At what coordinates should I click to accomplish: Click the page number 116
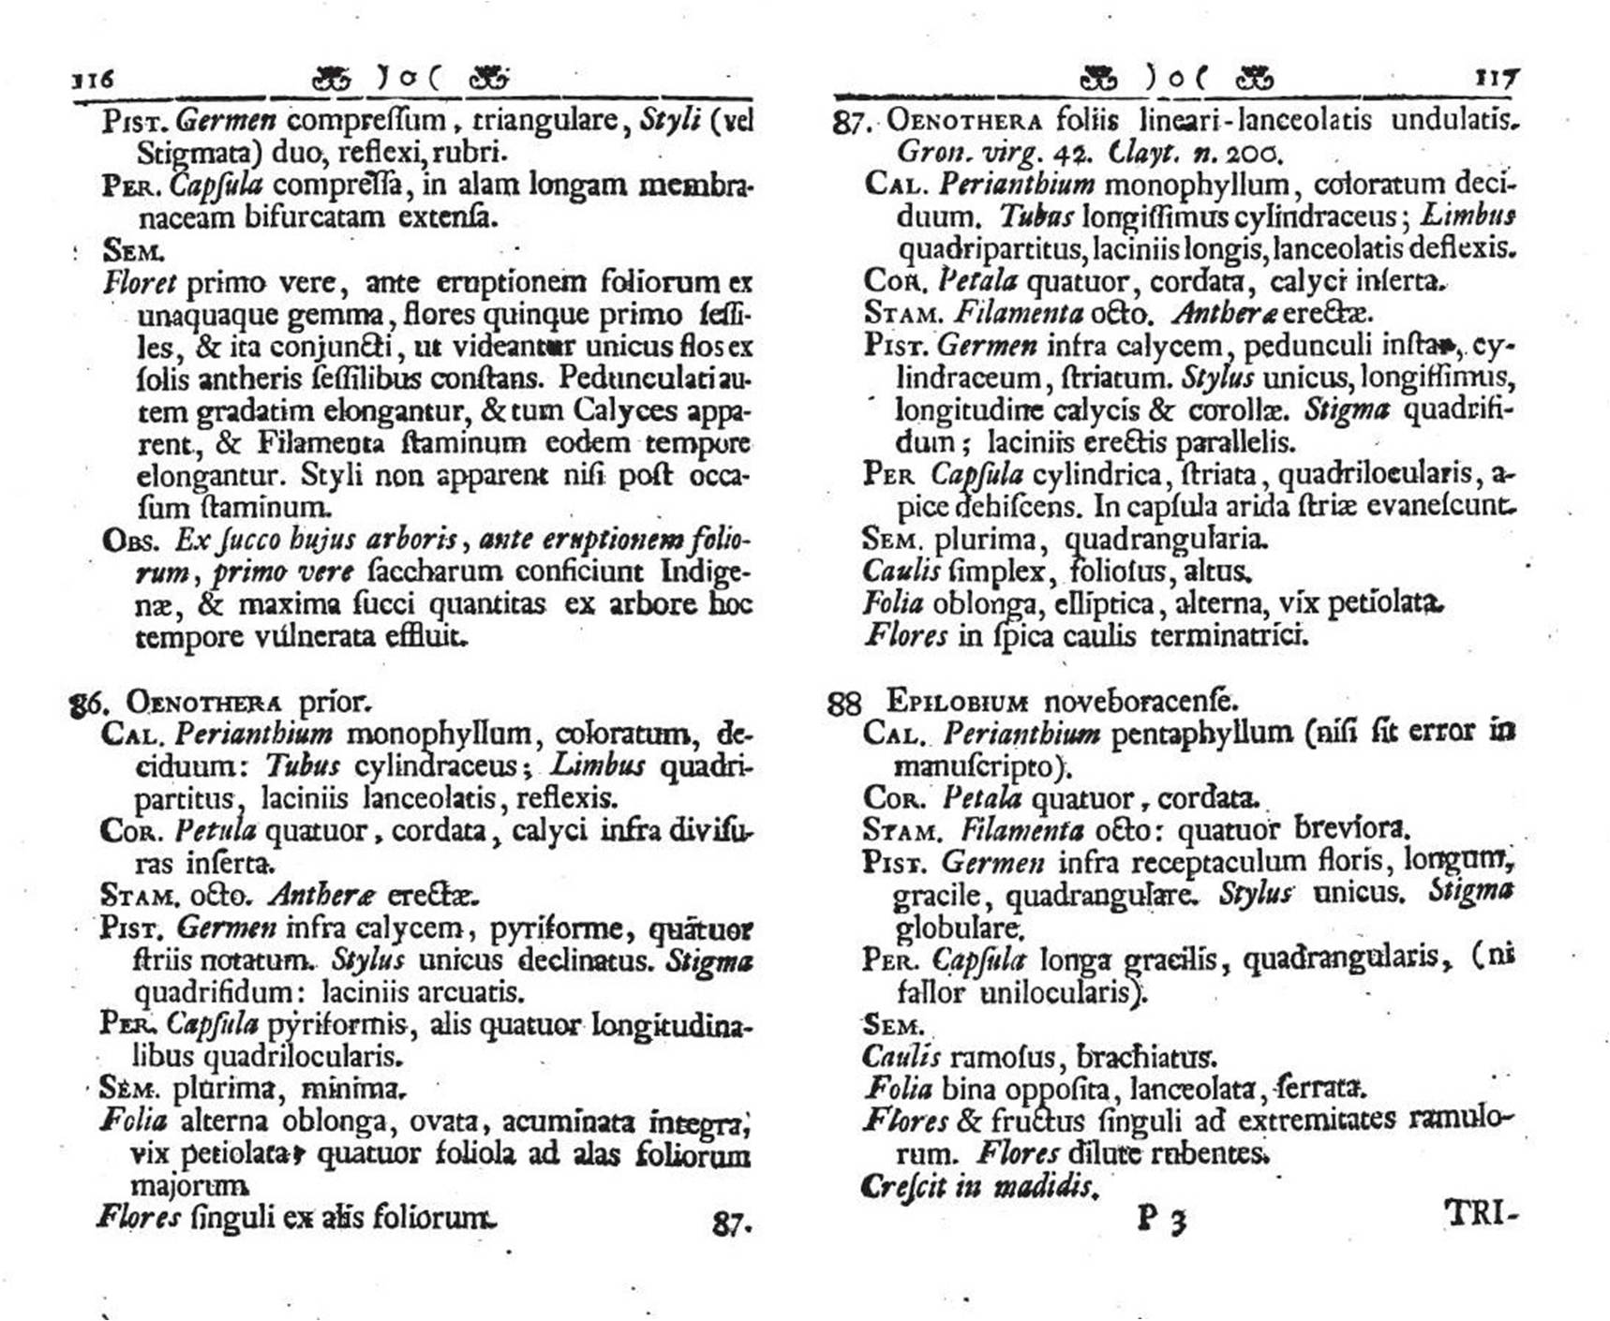(x=93, y=78)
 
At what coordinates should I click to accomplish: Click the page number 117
(x=1496, y=77)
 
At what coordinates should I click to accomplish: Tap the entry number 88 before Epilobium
(x=843, y=703)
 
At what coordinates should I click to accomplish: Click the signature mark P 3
(x=1162, y=1219)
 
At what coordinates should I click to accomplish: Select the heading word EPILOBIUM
(x=957, y=701)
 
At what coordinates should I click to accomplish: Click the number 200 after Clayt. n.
(x=1256, y=153)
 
